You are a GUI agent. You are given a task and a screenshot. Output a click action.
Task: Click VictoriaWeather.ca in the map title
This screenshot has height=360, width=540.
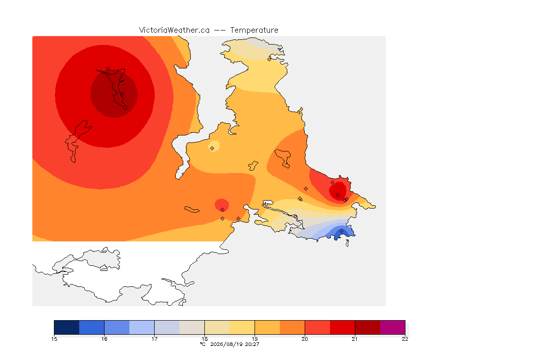pyautogui.click(x=174, y=30)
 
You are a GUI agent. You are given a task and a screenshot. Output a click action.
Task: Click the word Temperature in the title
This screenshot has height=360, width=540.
pyautogui.click(x=254, y=30)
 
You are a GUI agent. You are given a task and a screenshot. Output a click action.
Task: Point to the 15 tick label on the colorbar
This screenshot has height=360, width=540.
pyautogui.click(x=54, y=339)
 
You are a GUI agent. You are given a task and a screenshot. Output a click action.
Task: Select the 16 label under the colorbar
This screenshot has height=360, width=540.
pyautogui.click(x=105, y=339)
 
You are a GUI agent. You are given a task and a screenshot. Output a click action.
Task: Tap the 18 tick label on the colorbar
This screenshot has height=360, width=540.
pyautogui.click(x=204, y=339)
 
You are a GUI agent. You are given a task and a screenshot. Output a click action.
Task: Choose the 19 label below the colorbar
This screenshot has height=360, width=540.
pyautogui.click(x=255, y=339)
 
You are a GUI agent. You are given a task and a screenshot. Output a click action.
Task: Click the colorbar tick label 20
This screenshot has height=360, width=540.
pyautogui.click(x=305, y=339)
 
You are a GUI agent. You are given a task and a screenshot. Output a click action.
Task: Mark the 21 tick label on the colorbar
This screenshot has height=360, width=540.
pyautogui.click(x=355, y=339)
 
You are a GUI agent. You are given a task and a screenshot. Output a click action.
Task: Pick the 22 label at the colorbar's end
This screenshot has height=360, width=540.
pyautogui.click(x=405, y=339)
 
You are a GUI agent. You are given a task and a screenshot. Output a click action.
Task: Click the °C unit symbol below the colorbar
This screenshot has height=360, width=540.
pyautogui.click(x=203, y=344)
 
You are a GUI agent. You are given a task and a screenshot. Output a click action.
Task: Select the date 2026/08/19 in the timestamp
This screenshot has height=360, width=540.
pyautogui.click(x=226, y=344)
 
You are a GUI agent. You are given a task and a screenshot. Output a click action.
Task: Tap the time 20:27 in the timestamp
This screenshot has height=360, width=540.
pyautogui.click(x=252, y=344)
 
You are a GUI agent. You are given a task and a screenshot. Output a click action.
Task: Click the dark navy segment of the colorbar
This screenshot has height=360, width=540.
pyautogui.click(x=67, y=327)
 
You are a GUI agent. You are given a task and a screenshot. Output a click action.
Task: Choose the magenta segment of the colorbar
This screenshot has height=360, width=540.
pyautogui.click(x=393, y=327)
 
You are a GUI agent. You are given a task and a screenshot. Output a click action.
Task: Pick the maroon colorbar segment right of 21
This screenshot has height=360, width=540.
pyautogui.click(x=367, y=327)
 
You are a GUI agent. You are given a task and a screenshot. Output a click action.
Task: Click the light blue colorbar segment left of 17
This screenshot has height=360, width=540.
pyautogui.click(x=142, y=327)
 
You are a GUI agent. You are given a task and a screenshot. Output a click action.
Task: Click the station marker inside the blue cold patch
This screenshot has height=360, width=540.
pyautogui.click(x=341, y=231)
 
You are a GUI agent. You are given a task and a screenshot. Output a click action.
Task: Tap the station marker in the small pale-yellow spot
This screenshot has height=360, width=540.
pyautogui.click(x=212, y=149)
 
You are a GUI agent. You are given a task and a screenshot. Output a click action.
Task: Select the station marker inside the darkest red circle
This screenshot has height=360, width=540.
pyautogui.click(x=122, y=94)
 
